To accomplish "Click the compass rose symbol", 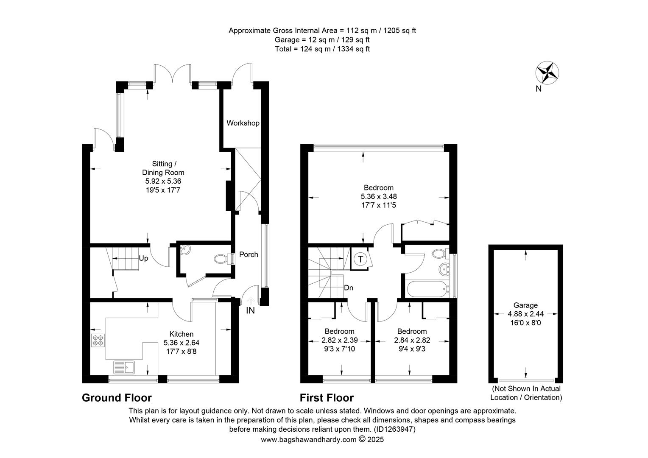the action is coord(547,73).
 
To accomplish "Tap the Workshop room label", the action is coord(243,123).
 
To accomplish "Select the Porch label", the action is coord(249,254).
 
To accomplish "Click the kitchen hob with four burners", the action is coord(98,340).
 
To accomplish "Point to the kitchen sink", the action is coord(124,367).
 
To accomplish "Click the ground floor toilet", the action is coord(224,259).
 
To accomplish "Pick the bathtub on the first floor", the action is coord(428,289).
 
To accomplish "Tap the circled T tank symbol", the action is coord(360,259).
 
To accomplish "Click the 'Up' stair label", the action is coord(143,258).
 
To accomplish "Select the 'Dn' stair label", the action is coord(349,288).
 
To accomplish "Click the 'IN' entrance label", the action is coord(250,310).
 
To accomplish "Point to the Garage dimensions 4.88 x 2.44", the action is coord(525,314).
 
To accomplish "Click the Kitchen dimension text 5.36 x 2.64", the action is coord(182,343).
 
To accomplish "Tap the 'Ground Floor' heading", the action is coord(117,397).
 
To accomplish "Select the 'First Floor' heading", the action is coord(327,397).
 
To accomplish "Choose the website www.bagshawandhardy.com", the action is coord(309,439).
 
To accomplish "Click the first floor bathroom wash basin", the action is coord(444,270).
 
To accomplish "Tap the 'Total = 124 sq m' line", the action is coord(322,49).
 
